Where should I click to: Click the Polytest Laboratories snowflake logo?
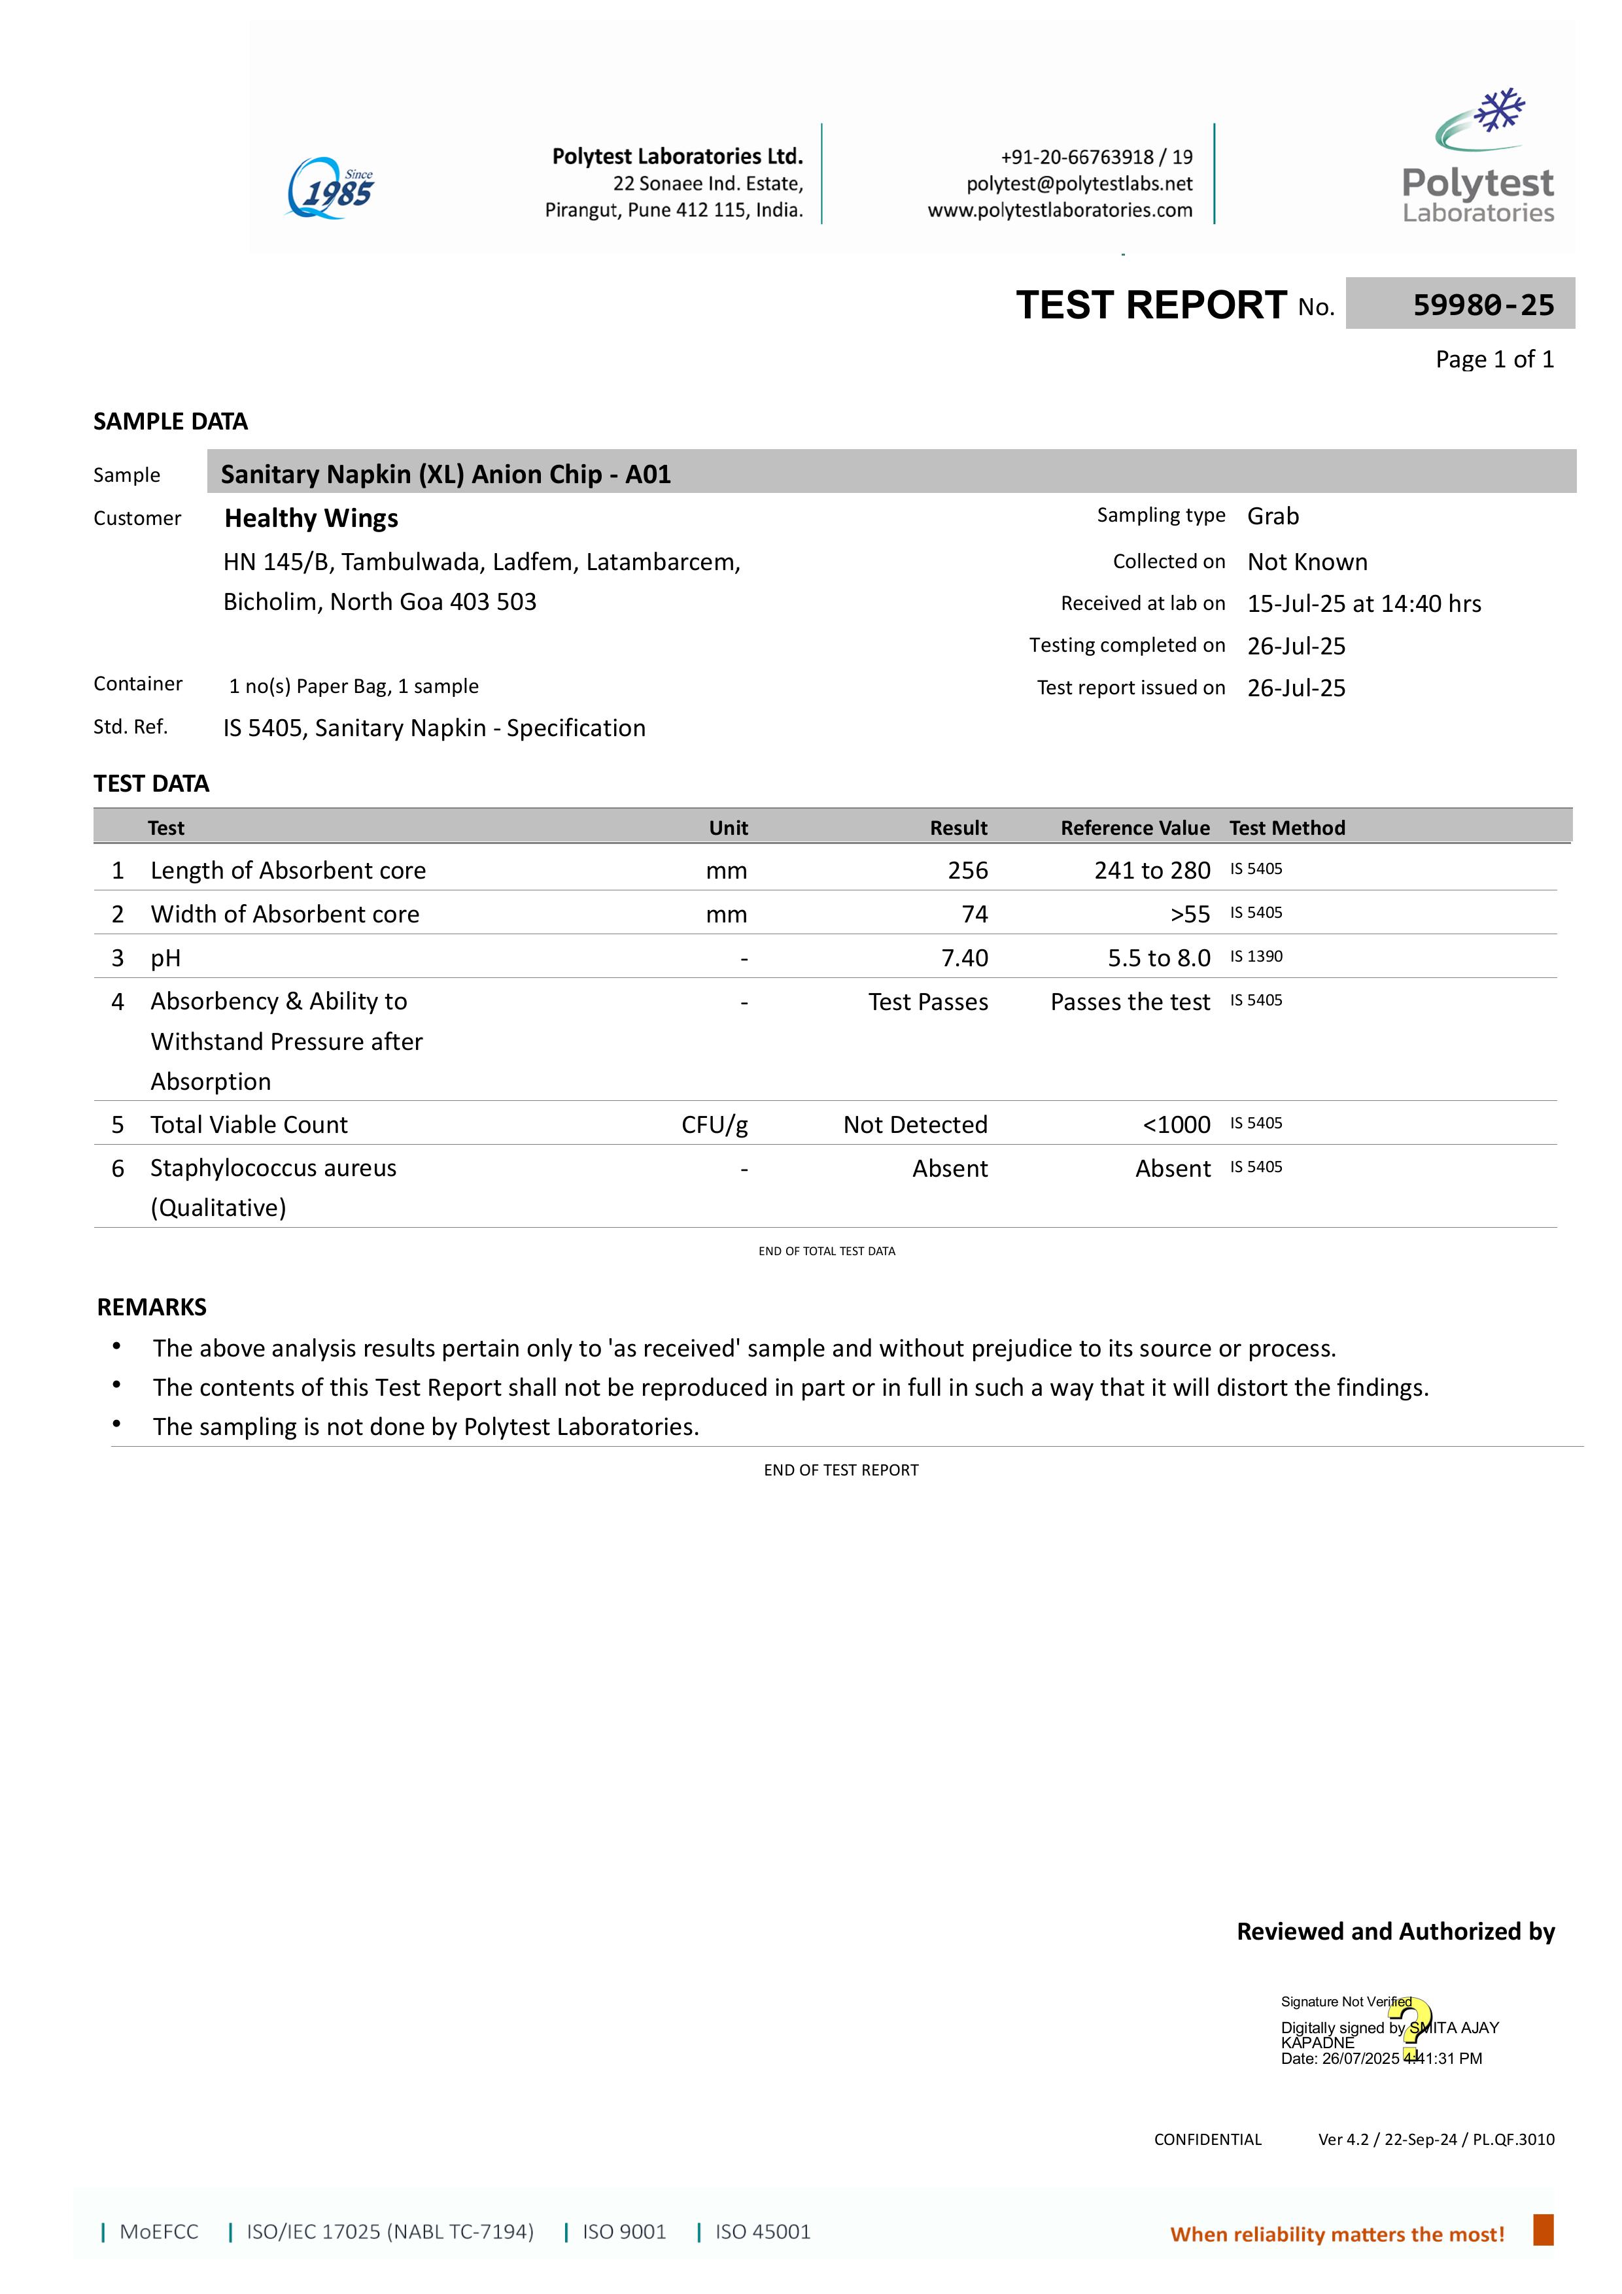[1478, 156]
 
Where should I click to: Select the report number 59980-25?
[1483, 305]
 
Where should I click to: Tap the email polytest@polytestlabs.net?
[1079, 184]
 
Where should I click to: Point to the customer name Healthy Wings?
[311, 518]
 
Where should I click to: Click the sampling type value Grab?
[1272, 516]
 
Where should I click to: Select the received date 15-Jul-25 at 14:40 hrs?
[1363, 603]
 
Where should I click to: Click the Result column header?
[958, 827]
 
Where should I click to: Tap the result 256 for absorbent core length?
[967, 870]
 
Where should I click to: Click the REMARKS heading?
[152, 1307]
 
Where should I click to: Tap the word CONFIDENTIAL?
[1207, 2139]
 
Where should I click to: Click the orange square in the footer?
[1543, 2230]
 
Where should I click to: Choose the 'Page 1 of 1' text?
[1494, 360]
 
